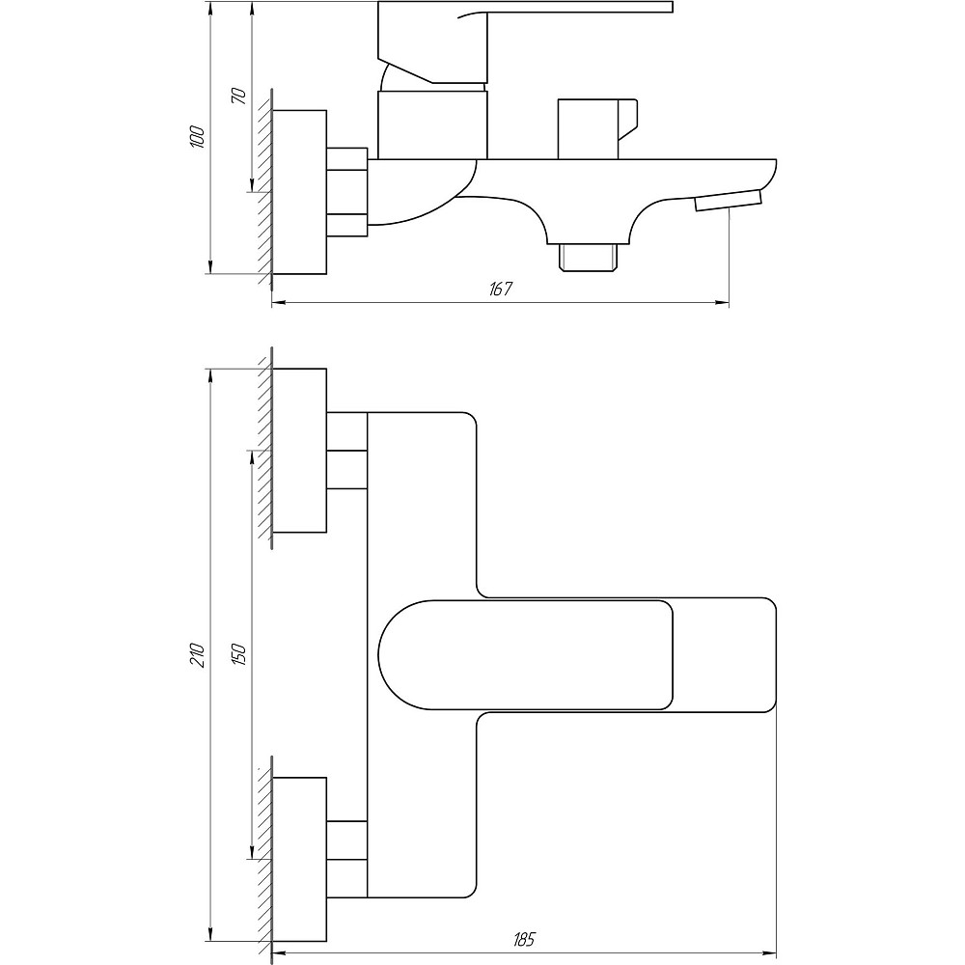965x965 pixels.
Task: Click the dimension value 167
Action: pyautogui.click(x=501, y=289)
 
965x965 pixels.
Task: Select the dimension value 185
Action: pyautogui.click(x=524, y=940)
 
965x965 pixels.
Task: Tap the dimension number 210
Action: pyautogui.click(x=197, y=655)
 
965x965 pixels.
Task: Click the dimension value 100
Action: pyautogui.click(x=197, y=137)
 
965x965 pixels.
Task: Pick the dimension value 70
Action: pyautogui.click(x=238, y=96)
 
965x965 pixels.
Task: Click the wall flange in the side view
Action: pyautogui.click(x=299, y=192)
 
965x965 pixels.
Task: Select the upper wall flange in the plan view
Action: pyautogui.click(x=299, y=451)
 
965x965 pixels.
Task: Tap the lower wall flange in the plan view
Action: pyautogui.click(x=299, y=859)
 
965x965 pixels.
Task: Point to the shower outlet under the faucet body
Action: pyautogui.click(x=588, y=257)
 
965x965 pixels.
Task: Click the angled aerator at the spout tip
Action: pyautogui.click(x=728, y=201)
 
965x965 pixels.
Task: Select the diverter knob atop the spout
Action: pyautogui.click(x=597, y=129)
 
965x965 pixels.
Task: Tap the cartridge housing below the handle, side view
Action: pyautogui.click(x=432, y=124)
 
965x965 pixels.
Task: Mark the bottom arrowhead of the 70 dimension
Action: pyautogui.click(x=252, y=184)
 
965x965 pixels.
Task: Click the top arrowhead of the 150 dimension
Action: pyautogui.click(x=252, y=458)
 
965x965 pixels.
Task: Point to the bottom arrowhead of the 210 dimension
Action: pyautogui.click(x=210, y=933)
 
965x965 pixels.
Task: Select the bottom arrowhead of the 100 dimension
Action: pyautogui.click(x=210, y=266)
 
